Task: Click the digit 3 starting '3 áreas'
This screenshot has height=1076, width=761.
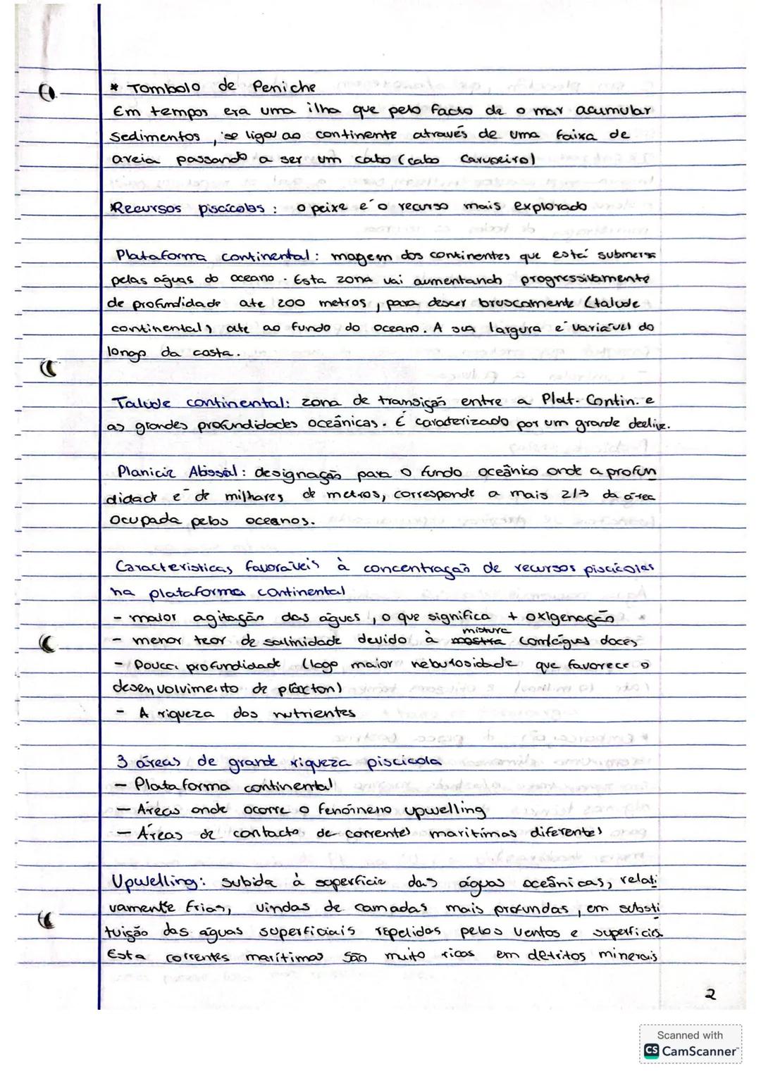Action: pyautogui.click(x=121, y=762)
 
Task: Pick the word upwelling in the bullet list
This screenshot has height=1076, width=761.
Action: pyautogui.click(x=444, y=809)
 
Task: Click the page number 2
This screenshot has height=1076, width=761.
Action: pyautogui.click(x=710, y=994)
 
